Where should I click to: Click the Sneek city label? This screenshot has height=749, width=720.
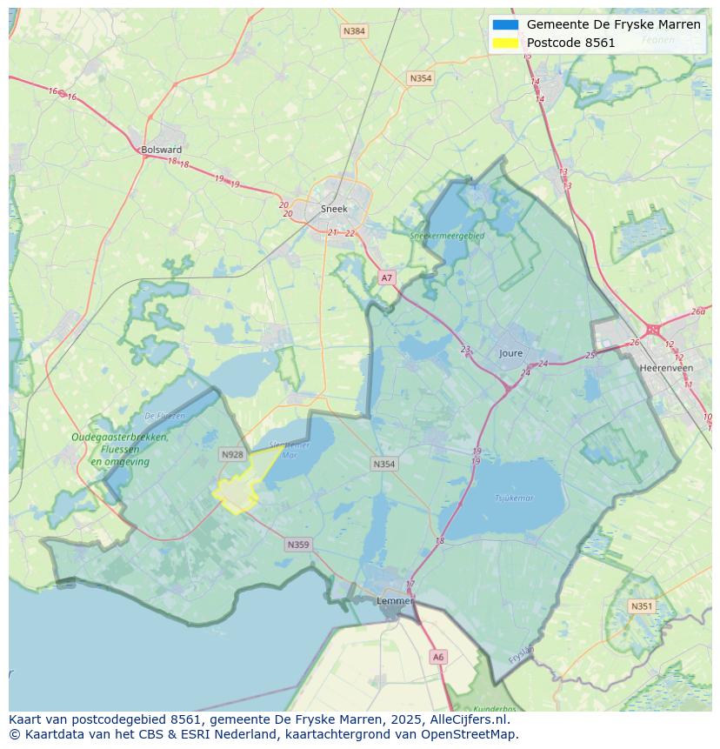coord(334,209)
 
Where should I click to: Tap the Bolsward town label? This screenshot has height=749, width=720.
coord(162,150)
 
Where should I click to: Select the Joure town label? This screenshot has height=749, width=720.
coord(511,353)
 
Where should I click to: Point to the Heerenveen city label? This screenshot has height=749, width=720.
coord(665,368)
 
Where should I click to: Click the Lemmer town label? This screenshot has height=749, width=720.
coord(394,601)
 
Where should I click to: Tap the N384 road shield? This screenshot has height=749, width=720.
coord(354,31)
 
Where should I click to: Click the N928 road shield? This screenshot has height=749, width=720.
coord(232,454)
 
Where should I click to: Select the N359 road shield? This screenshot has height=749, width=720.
coord(297,545)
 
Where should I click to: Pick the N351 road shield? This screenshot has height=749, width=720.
coord(642,606)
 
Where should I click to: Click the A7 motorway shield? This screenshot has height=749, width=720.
coord(387,278)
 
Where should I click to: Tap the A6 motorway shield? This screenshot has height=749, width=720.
coord(438,658)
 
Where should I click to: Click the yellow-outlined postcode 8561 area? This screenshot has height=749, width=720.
coord(237,492)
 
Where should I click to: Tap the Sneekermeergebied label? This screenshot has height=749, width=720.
coord(448,235)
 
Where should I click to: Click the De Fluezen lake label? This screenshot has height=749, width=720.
coord(164,416)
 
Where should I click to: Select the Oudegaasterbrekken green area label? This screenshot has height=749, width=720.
coord(120,438)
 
